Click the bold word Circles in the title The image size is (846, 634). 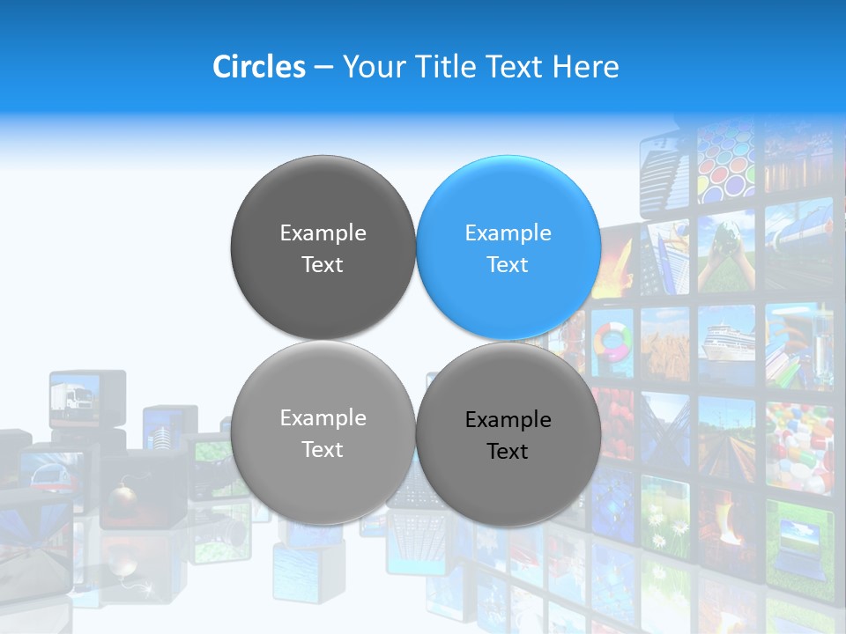coord(258,67)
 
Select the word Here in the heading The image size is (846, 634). coord(585,67)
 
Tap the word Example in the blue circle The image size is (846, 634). coord(508,232)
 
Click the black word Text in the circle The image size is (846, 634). coord(508,452)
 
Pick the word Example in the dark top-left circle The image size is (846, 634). coord(323,232)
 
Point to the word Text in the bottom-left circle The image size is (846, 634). coord(323,449)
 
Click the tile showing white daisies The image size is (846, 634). coord(665,523)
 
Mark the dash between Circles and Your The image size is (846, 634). coord(323,67)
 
